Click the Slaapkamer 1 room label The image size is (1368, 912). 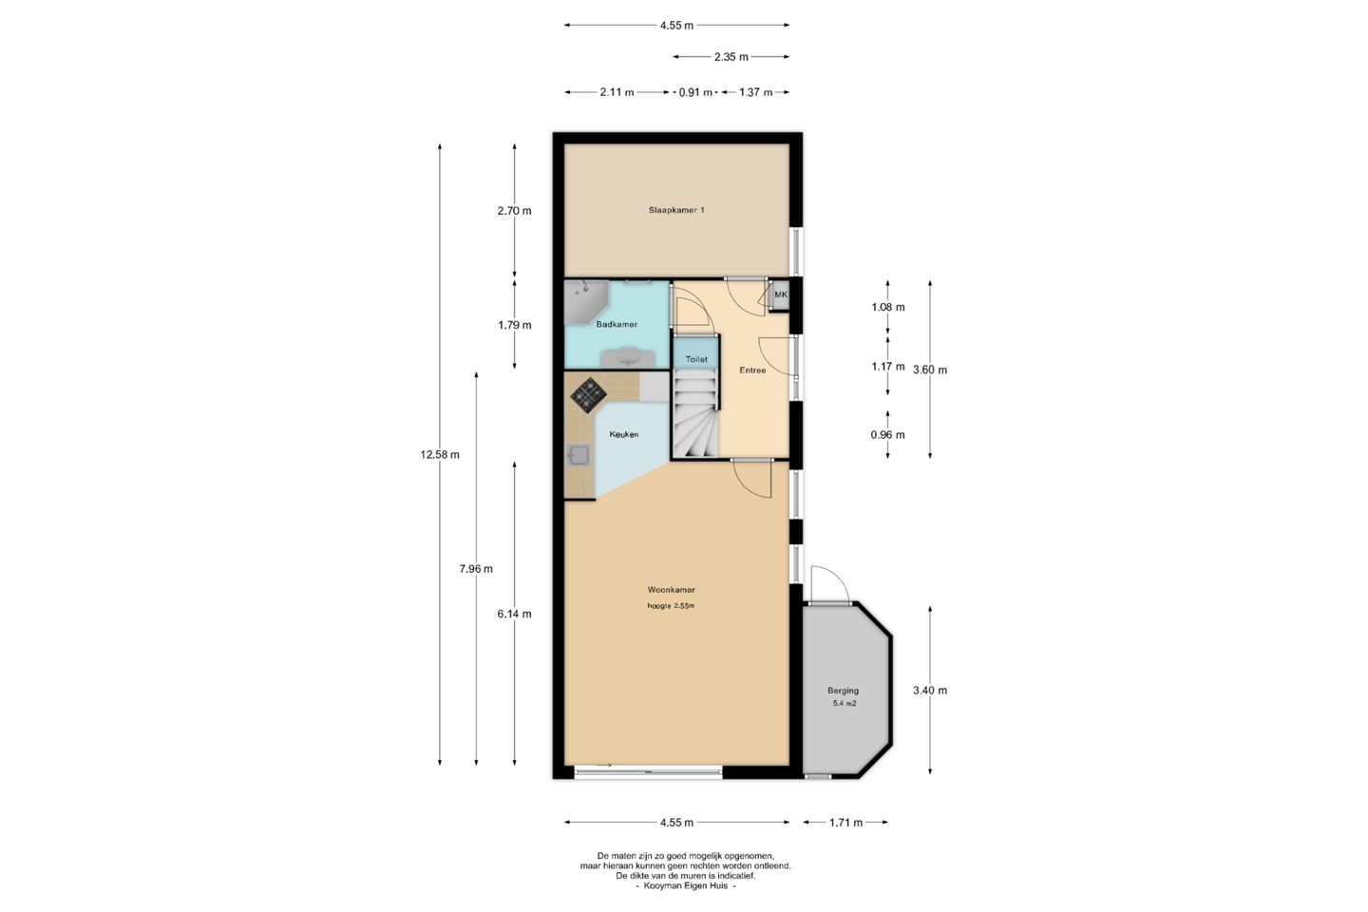676,210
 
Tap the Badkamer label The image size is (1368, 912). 617,324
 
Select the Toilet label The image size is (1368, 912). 696,359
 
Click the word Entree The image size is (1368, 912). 752,370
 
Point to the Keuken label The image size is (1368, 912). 624,434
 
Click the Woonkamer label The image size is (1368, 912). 671,590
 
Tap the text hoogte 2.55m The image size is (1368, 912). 671,606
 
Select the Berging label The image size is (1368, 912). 843,691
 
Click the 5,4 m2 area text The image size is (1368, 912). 845,704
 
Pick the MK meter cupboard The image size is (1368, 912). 780,295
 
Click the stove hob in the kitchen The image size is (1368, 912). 588,394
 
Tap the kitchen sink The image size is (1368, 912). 578,455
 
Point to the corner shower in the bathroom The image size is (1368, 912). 585,302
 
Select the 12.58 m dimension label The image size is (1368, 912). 440,454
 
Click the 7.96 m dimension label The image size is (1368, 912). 476,569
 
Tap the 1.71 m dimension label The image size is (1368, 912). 845,823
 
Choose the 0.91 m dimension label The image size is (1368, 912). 695,93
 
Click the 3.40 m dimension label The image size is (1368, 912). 930,691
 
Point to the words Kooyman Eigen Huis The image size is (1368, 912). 686,885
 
